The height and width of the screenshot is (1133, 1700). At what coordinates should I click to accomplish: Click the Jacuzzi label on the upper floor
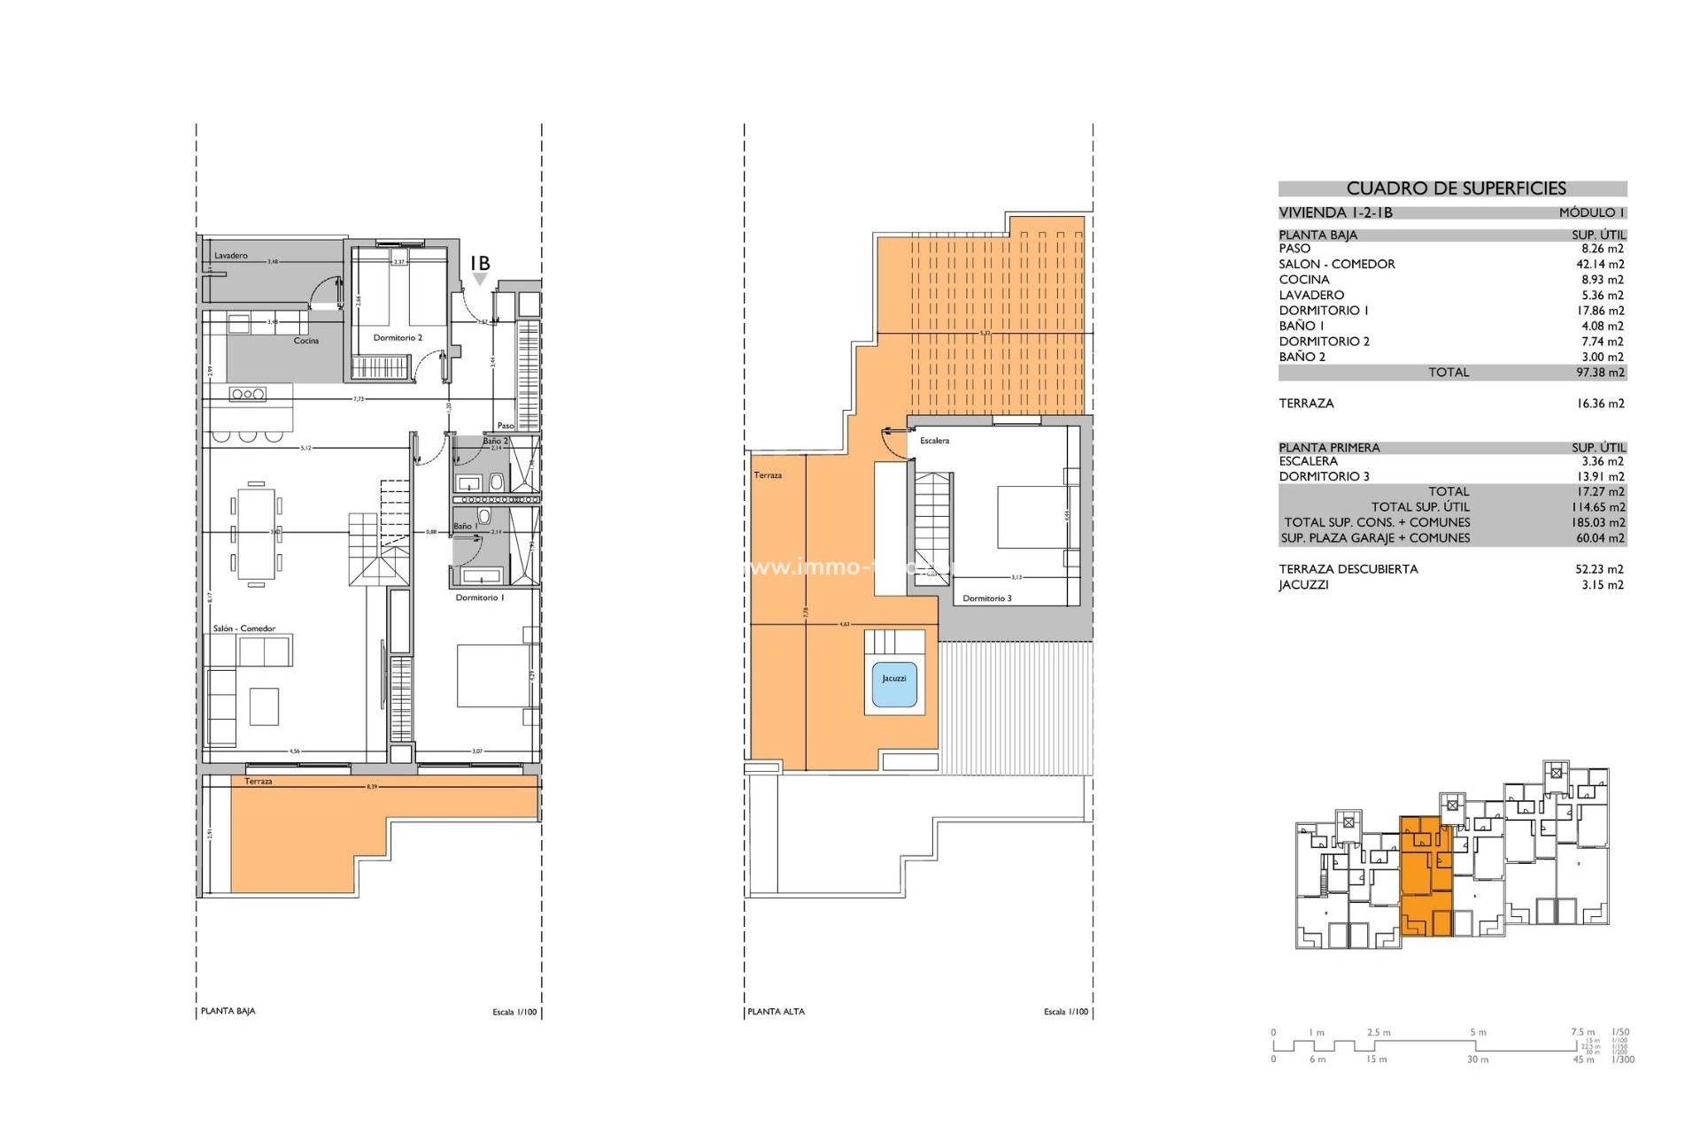point(893,679)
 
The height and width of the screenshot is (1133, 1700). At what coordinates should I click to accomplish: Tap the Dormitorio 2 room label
point(398,338)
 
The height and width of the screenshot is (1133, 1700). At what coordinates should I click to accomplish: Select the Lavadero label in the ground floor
point(231,256)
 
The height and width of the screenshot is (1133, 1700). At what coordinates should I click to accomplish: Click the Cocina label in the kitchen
point(305,341)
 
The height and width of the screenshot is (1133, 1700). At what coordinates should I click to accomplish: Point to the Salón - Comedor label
point(243,628)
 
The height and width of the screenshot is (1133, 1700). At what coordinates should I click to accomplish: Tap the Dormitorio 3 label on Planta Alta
point(986,598)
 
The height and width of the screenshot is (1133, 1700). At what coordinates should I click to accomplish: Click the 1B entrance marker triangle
point(480,280)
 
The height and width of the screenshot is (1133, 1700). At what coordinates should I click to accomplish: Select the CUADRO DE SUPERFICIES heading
point(1456,189)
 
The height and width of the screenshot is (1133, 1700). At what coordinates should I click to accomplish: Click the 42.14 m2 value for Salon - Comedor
point(1599,265)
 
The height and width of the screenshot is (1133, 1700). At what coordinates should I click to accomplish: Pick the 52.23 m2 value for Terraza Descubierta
point(1599,569)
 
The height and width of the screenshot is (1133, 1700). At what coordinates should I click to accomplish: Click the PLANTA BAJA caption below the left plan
point(228,1011)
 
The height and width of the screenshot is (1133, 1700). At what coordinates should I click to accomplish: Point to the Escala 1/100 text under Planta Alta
point(1065,1012)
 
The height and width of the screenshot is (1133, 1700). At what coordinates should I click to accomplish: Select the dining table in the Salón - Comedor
point(256,533)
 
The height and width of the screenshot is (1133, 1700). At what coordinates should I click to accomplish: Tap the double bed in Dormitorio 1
point(493,675)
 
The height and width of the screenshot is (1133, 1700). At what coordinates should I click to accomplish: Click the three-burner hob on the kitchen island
point(248,394)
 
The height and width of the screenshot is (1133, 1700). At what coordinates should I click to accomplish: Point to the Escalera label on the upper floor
point(934,441)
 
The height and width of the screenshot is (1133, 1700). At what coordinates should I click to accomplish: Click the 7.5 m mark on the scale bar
point(1582,1032)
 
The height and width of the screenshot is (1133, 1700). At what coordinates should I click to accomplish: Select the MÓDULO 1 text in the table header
point(1591,212)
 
